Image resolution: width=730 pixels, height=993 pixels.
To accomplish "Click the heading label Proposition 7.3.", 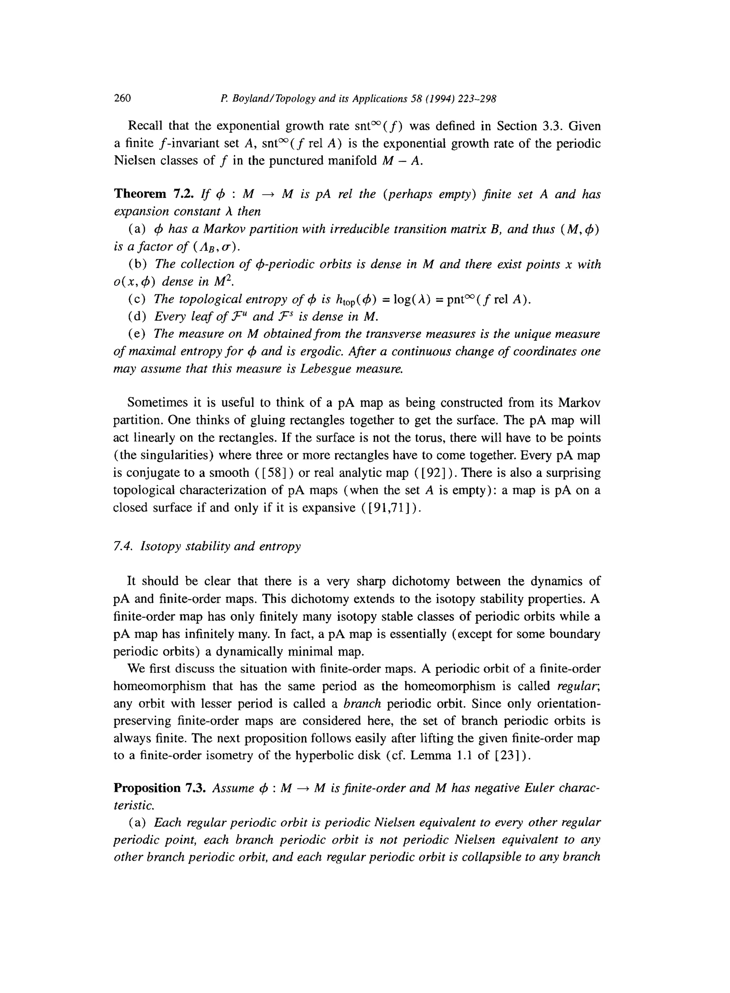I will (160, 788).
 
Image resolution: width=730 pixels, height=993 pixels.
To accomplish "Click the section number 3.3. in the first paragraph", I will (552, 127).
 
